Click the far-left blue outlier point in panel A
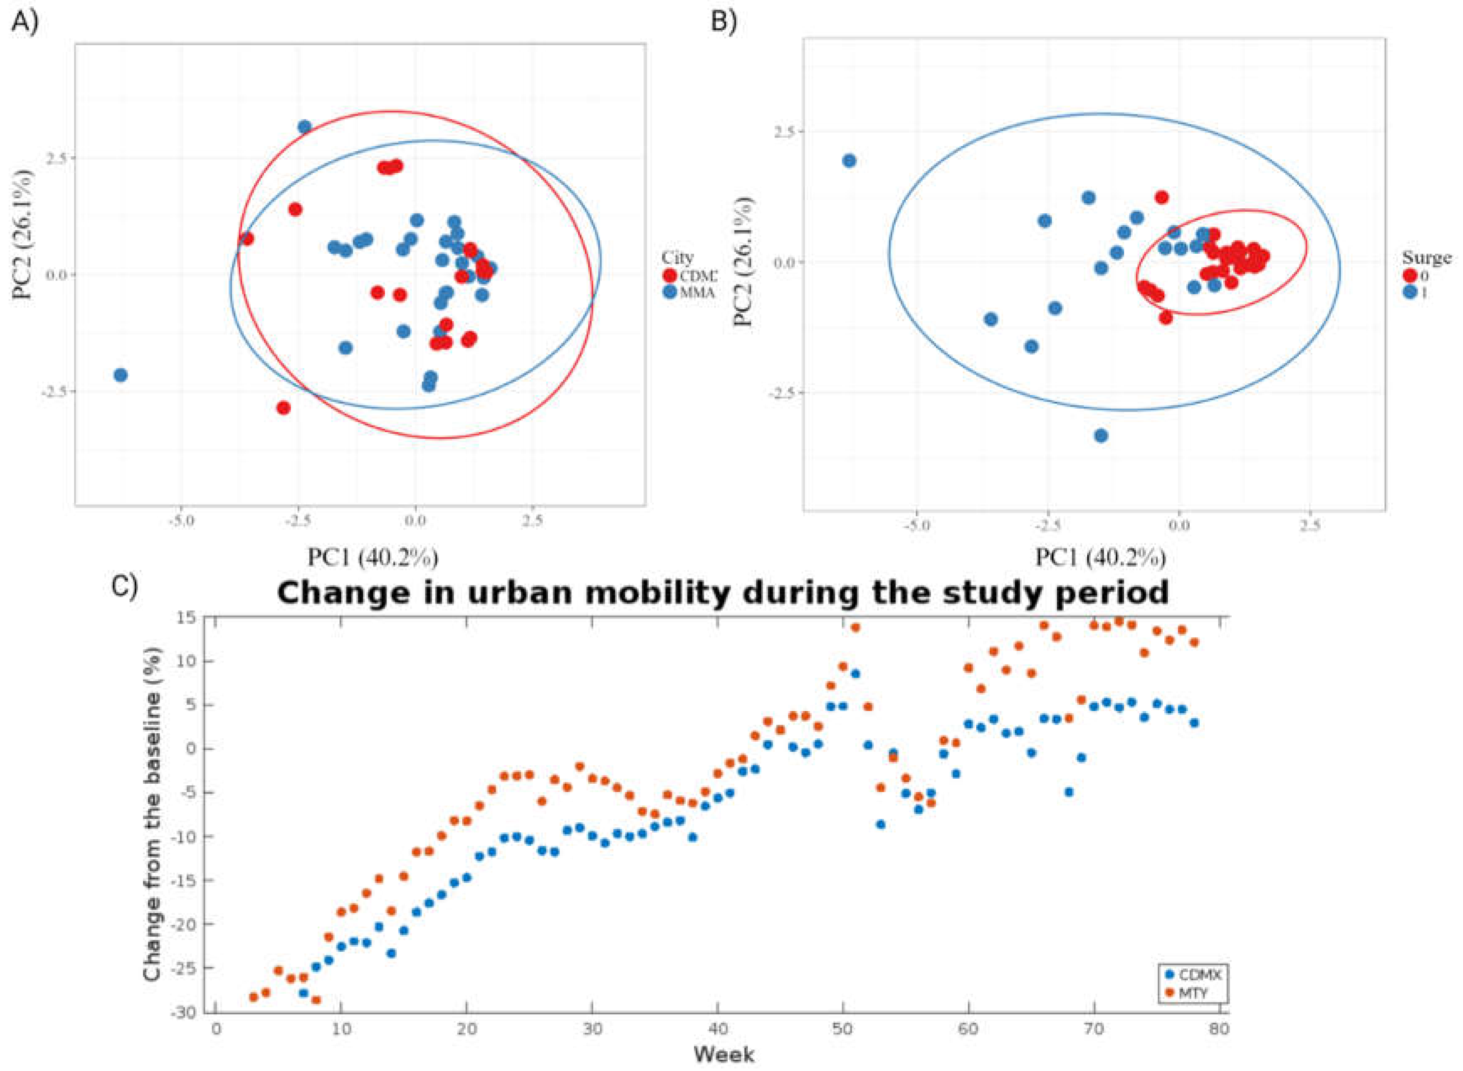pos(120,375)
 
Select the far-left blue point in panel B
pos(849,160)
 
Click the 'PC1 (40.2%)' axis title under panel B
pos(1100,557)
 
